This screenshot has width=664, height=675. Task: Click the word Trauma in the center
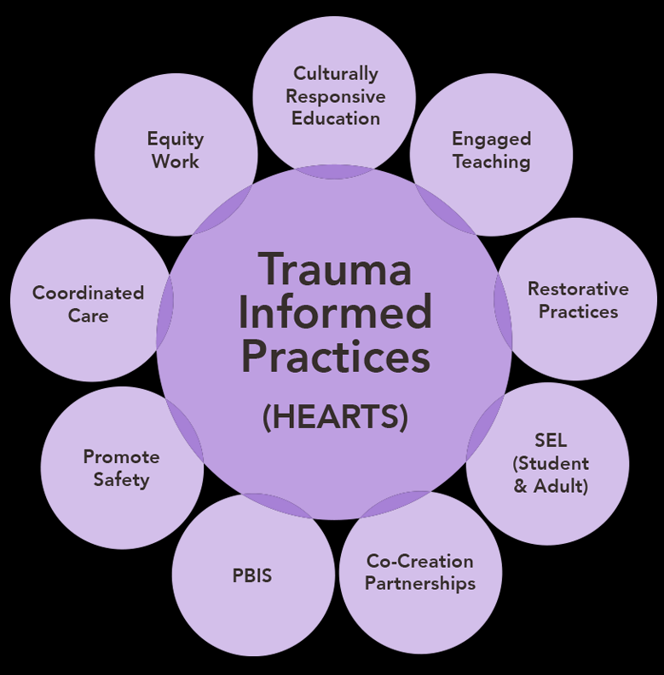[335, 271]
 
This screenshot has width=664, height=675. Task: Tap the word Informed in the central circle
[335, 313]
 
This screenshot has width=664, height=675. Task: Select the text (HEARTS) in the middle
[335, 417]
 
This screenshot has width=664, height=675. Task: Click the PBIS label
[252, 575]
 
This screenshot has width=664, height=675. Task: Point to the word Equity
[176, 139]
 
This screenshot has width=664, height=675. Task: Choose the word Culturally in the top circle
[335, 74]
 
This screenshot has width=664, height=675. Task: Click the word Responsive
[335, 96]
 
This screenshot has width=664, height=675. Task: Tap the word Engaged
[491, 139]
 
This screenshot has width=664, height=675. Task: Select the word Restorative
[578, 289]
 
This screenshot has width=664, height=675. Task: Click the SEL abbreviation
[551, 441]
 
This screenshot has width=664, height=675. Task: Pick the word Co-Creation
[419, 561]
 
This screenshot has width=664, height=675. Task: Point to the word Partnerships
[419, 584]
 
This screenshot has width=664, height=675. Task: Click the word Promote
[121, 457]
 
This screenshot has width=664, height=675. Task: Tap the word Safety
[121, 480]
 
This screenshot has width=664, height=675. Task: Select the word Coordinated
[88, 293]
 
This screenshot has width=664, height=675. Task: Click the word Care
[88, 316]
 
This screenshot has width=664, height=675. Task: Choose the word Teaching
[491, 162]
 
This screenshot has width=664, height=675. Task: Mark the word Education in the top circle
[335, 118]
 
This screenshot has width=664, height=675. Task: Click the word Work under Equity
[176, 162]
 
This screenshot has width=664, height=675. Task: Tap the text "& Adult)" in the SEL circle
[551, 487]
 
